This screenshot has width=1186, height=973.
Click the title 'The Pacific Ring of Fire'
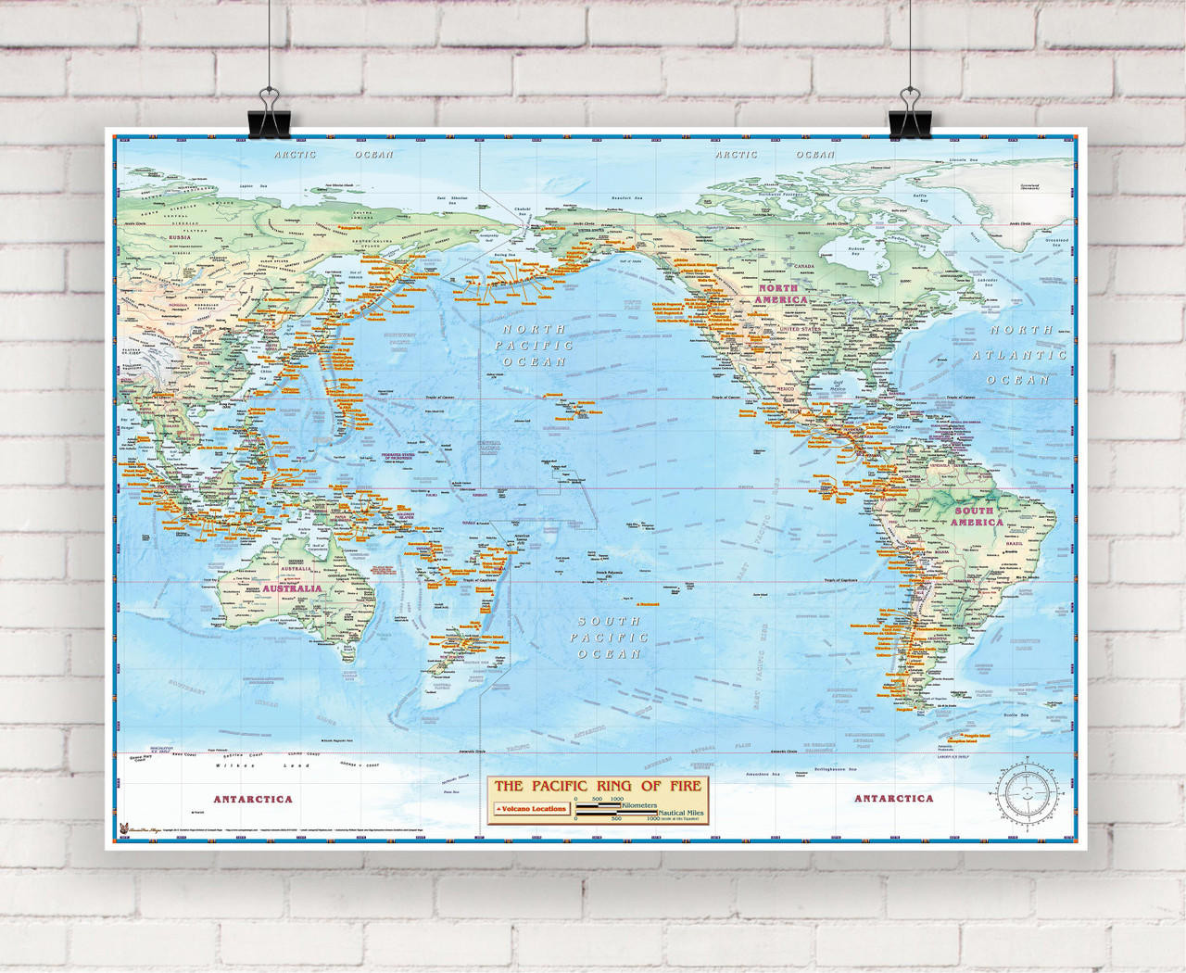pos(598,786)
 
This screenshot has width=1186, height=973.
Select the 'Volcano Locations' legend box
pos(531,809)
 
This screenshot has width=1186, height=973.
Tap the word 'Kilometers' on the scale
pos(639,805)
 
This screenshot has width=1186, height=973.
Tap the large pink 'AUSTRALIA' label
pos(292,588)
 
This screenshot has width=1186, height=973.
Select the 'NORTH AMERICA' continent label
pos(780,294)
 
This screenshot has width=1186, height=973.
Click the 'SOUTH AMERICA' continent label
pos(976,516)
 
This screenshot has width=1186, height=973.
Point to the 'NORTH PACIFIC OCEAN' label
pos(534,345)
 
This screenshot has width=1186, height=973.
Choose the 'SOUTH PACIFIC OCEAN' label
pos(609,638)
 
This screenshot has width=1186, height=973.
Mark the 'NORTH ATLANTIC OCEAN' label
pos(1019,355)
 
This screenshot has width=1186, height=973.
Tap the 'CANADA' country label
pos(801,266)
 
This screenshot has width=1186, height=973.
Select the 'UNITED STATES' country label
pos(801,329)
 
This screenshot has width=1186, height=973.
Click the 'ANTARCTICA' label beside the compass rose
pos(893,798)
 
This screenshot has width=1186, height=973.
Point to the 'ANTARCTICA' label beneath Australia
pos(252,799)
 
